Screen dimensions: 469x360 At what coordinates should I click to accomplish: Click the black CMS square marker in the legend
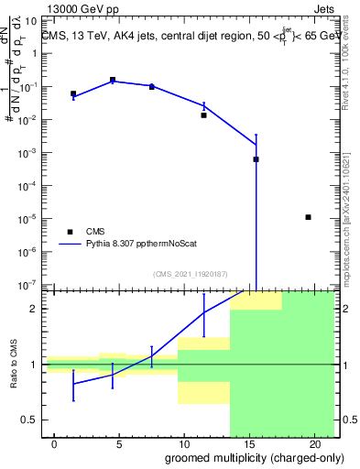click(x=70, y=232)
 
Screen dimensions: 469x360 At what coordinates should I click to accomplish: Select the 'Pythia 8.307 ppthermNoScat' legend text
click(x=143, y=245)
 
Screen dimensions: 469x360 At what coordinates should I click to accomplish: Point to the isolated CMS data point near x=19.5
click(x=309, y=217)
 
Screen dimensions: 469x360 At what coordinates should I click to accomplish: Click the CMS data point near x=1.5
click(x=73, y=93)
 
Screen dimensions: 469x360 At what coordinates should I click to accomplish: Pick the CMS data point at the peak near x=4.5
click(x=113, y=81)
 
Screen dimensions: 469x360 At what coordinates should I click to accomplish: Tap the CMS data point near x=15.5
click(x=256, y=159)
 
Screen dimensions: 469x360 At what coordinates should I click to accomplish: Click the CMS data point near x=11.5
click(x=204, y=115)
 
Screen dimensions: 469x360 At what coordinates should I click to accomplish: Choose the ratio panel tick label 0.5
click(x=29, y=420)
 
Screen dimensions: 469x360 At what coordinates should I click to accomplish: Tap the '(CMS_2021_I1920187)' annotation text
click(x=191, y=273)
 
